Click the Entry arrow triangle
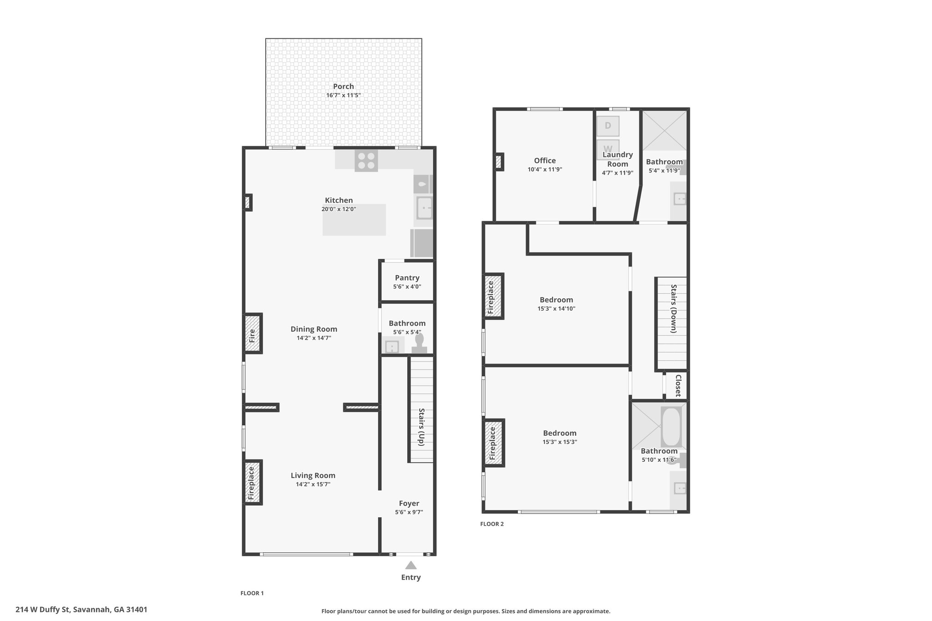pyautogui.click(x=411, y=565)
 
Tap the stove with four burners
pyautogui.click(x=366, y=161)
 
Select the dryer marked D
pyautogui.click(x=608, y=126)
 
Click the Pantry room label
pyautogui.click(x=407, y=278)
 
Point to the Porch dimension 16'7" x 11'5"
pyautogui.click(x=344, y=96)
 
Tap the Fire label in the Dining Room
pyautogui.click(x=252, y=336)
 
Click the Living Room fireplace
pyautogui.click(x=253, y=482)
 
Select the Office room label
pyautogui.click(x=545, y=161)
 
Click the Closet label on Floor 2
pyautogui.click(x=678, y=385)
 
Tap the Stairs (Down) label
pyautogui.click(x=674, y=309)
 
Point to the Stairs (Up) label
pyautogui.click(x=422, y=427)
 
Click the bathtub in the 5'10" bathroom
pyautogui.click(x=671, y=426)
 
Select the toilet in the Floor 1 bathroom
pyautogui.click(x=419, y=343)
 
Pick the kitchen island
pyautogui.click(x=354, y=220)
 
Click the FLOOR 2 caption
pyautogui.click(x=492, y=524)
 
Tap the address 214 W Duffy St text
pyautogui.click(x=43, y=609)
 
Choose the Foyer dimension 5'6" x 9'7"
pyautogui.click(x=409, y=512)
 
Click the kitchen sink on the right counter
pyautogui.click(x=424, y=208)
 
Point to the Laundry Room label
pyautogui.click(x=618, y=159)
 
